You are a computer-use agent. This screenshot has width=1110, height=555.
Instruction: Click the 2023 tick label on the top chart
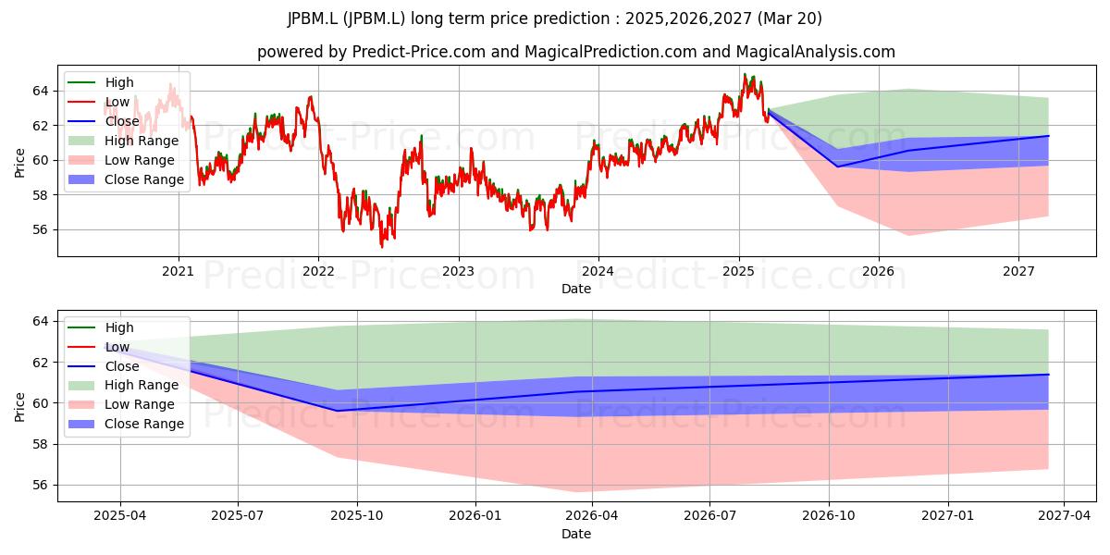(459, 272)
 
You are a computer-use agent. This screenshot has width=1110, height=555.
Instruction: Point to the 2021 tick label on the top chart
(179, 272)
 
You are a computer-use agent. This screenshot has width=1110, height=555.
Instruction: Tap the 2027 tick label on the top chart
(1018, 272)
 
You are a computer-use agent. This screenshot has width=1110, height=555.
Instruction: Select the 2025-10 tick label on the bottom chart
(357, 516)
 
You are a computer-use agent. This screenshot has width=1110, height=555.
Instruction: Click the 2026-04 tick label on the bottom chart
(592, 516)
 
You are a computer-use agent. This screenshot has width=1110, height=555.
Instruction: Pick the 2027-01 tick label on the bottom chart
(948, 516)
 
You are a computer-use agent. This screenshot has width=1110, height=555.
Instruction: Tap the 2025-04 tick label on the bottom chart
(120, 516)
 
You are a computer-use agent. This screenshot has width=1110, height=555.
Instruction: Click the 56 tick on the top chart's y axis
(41, 230)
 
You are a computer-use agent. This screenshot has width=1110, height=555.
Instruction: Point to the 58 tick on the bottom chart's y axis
(41, 445)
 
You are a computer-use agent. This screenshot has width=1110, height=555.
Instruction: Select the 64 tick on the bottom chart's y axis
(41, 322)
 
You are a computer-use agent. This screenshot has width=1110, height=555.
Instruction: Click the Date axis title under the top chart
(576, 289)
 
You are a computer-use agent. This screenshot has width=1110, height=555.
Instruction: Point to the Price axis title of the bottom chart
(19, 407)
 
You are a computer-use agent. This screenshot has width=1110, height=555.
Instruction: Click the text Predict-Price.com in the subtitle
(419, 52)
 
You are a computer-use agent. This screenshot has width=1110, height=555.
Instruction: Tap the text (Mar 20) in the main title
(790, 18)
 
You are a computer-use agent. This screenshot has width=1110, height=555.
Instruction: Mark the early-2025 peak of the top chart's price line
(745, 74)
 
